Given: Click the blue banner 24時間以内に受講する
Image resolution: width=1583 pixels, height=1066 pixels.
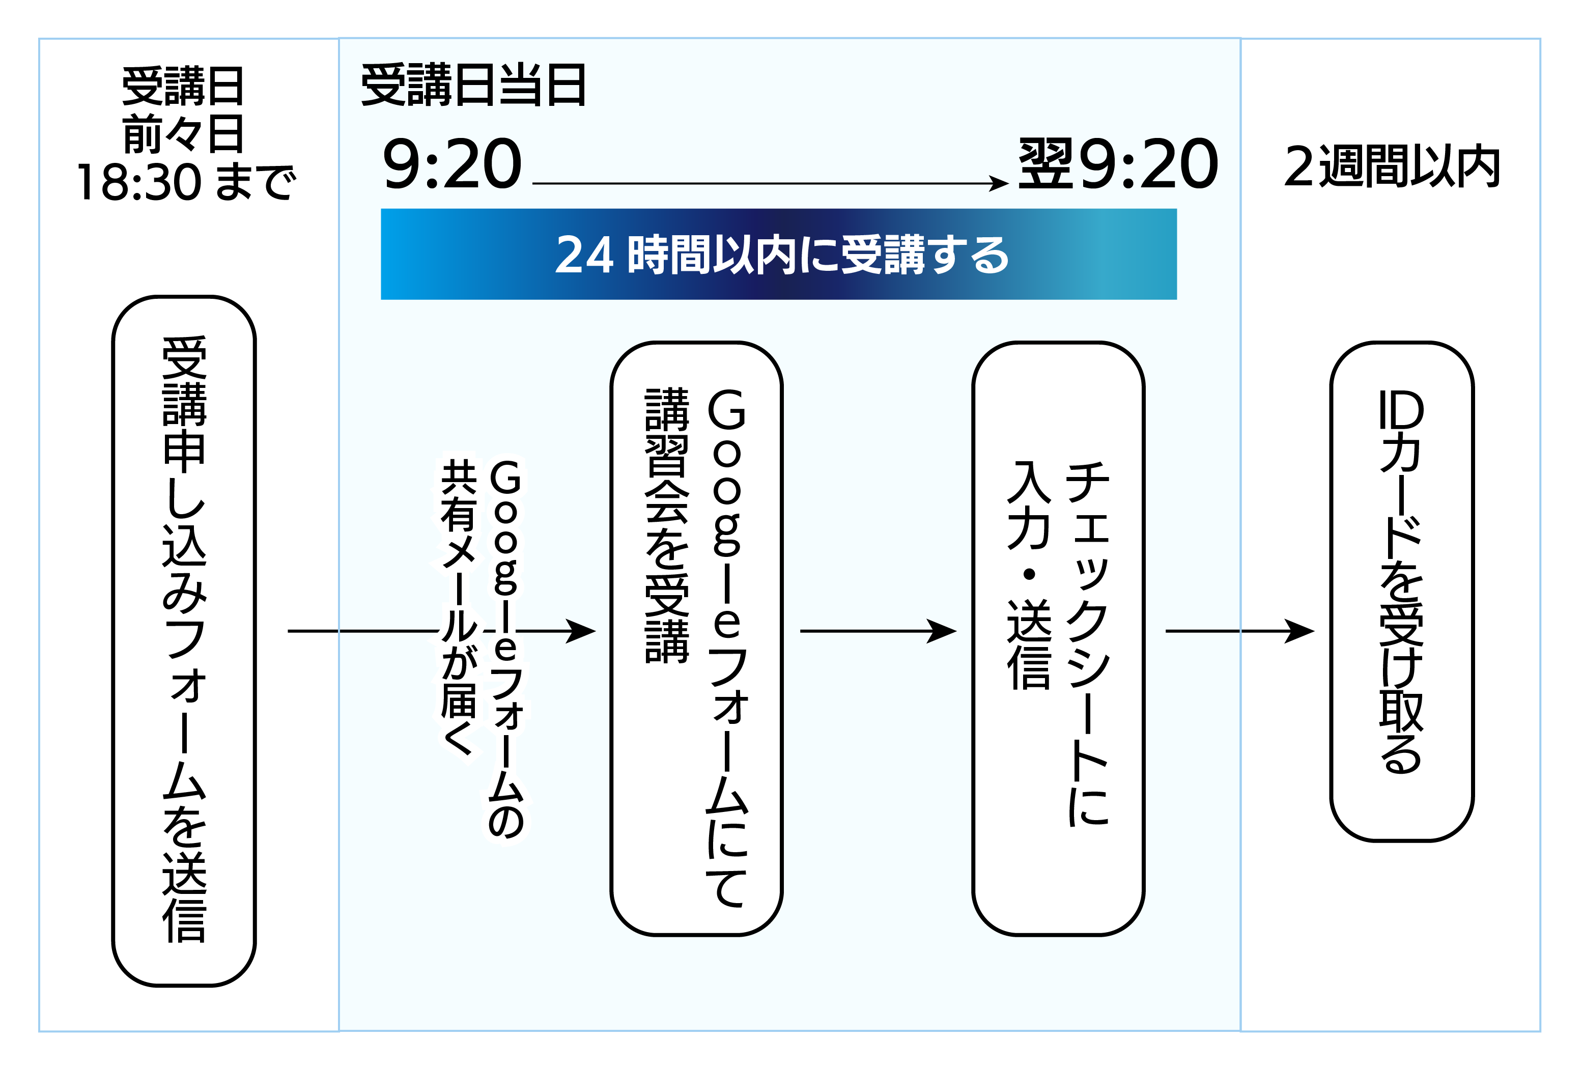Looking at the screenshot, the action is (778, 254).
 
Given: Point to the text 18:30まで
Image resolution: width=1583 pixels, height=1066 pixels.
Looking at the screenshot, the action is (186, 182).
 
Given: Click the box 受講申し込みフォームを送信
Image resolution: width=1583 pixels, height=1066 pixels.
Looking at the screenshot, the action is (184, 640).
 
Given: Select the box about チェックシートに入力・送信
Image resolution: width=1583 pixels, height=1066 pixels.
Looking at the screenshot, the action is (1058, 638).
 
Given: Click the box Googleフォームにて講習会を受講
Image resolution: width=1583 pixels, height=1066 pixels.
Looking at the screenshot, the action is (697, 638).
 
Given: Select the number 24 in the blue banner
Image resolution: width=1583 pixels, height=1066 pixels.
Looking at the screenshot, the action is (584, 256).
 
